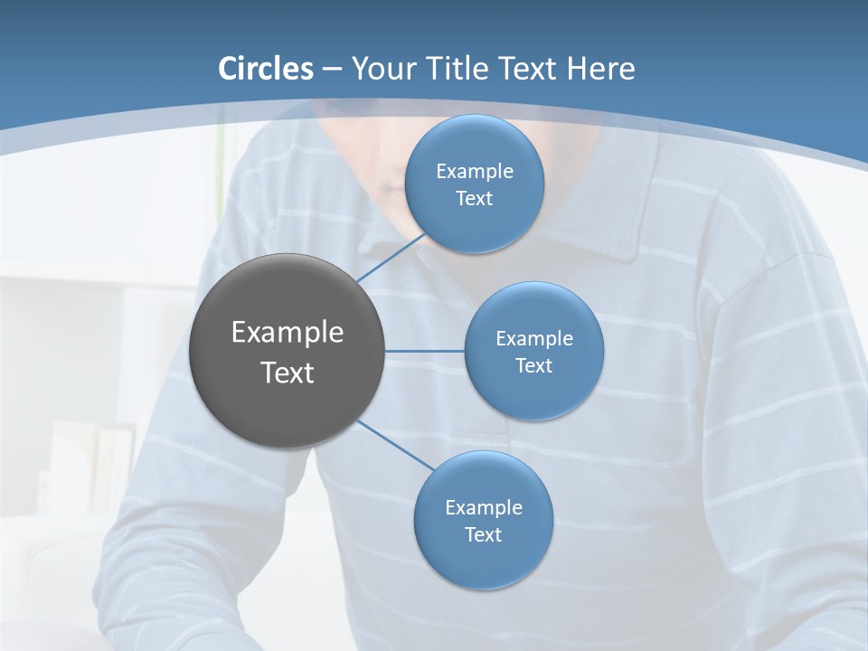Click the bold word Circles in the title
(x=266, y=69)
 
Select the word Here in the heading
(x=600, y=69)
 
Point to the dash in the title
(x=332, y=70)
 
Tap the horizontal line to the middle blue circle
(x=424, y=351)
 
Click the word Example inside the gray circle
(x=288, y=332)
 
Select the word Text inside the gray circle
(x=288, y=373)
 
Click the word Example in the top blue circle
(x=475, y=172)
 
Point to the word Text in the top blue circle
(x=475, y=198)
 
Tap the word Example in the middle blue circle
(x=534, y=339)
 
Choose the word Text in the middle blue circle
(x=534, y=365)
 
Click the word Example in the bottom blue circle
(x=484, y=508)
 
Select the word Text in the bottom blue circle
(x=484, y=534)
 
